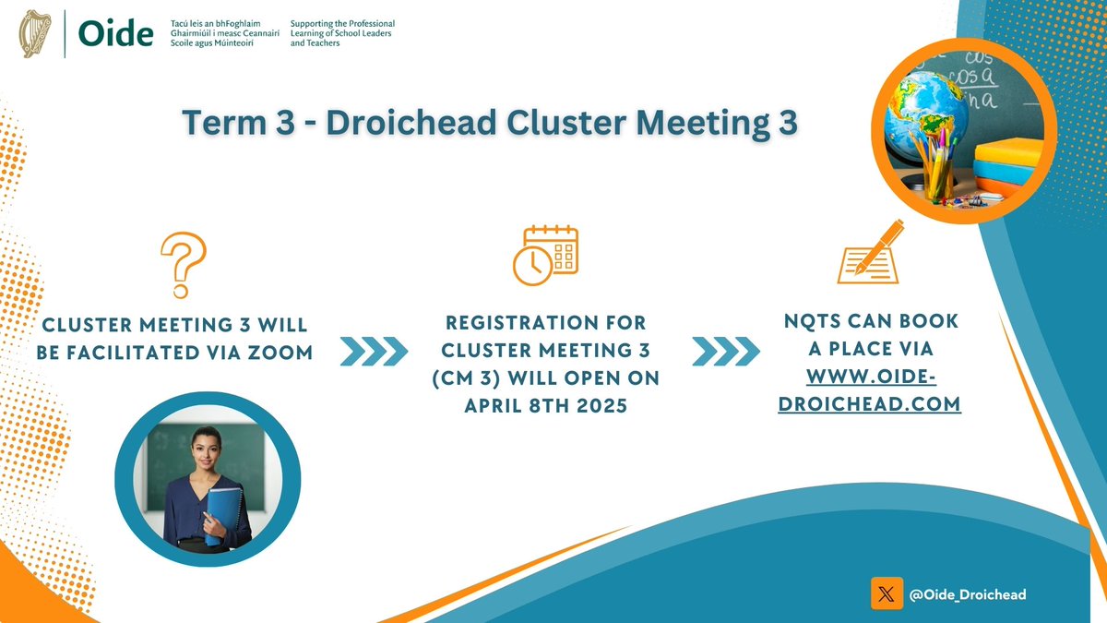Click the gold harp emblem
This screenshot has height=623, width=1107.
[37, 33]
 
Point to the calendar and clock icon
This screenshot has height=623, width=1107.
[544, 251]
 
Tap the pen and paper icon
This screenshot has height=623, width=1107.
[868, 250]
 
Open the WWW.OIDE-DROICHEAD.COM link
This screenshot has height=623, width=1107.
[870, 389]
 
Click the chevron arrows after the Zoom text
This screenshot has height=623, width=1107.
[374, 350]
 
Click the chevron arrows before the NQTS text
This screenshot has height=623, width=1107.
[726, 350]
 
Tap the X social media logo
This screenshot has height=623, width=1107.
[886, 594]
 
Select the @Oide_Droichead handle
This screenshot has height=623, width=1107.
[968, 595]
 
